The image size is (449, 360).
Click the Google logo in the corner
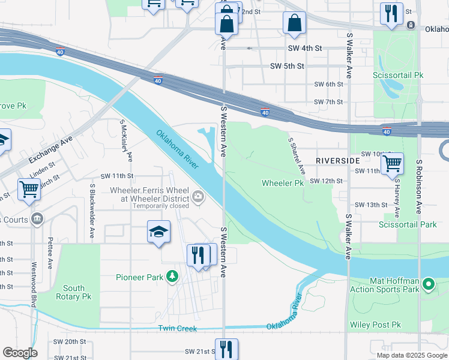click(x=20, y=353)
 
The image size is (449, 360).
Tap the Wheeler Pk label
click(x=283, y=183)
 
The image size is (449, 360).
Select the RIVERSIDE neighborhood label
click(x=337, y=161)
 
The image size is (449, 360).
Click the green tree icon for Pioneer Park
click(x=173, y=277)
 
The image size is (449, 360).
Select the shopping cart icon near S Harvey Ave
click(x=392, y=163)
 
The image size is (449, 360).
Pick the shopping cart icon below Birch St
click(x=29, y=189)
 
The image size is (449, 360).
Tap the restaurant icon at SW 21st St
click(x=226, y=349)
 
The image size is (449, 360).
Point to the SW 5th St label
click(x=288, y=66)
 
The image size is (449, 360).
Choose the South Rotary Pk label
click(x=73, y=292)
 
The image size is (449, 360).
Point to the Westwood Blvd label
click(x=34, y=283)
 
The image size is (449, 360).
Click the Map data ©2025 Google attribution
click(x=411, y=355)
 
